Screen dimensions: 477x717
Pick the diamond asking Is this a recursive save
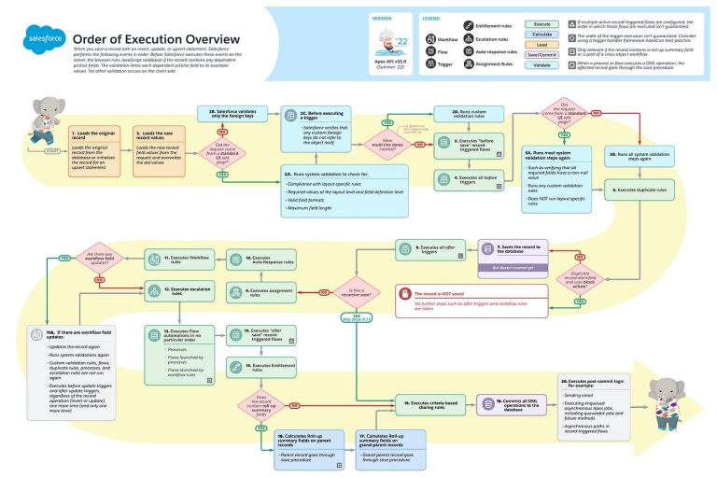click(356, 291)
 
